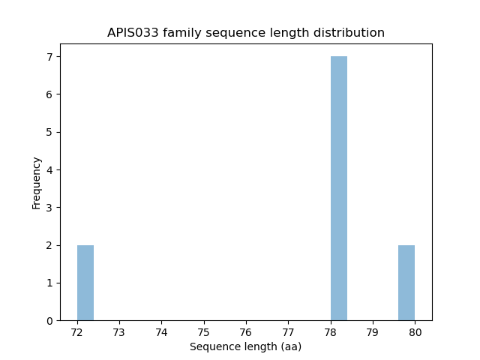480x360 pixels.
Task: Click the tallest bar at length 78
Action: click(339, 188)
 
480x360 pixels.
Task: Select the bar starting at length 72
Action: click(85, 283)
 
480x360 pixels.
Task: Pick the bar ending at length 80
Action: click(406, 283)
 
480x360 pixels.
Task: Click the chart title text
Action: click(246, 33)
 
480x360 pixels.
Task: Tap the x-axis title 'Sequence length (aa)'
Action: click(246, 347)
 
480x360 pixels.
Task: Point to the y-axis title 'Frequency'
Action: click(37, 182)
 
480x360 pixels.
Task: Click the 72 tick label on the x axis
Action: click(77, 332)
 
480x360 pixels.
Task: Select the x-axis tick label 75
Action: click(204, 332)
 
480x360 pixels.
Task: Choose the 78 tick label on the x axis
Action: click(331, 332)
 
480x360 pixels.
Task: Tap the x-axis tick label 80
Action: click(415, 332)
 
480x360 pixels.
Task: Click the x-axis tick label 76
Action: click(246, 332)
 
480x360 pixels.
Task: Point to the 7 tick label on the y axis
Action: click(49, 57)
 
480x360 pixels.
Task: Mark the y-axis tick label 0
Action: click(49, 321)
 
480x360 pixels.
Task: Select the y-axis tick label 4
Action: click(49, 170)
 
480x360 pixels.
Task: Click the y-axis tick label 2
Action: click(49, 245)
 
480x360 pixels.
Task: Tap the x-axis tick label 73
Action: click(119, 332)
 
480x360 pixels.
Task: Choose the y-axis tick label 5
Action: click(49, 133)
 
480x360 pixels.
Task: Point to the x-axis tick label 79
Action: click(373, 332)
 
